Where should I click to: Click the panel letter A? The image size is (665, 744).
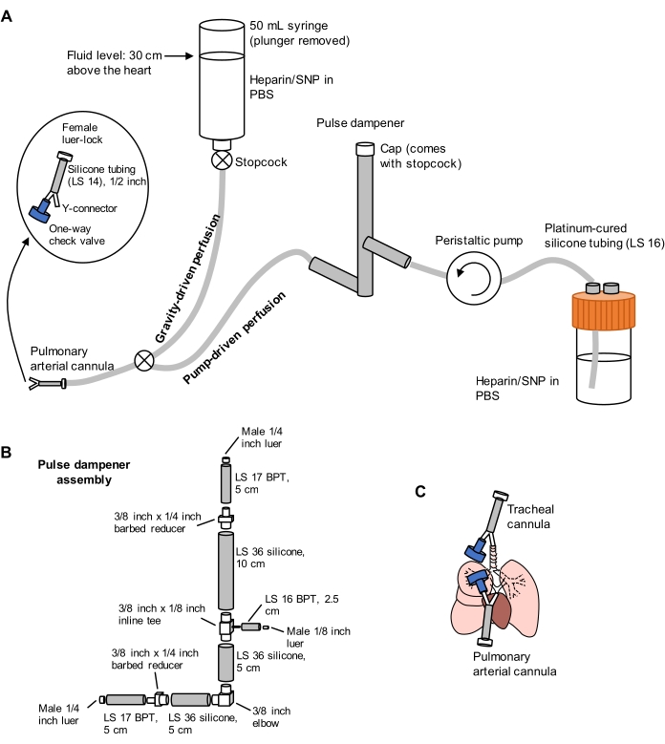coord(8,17)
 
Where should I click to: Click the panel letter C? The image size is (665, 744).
coord(420,492)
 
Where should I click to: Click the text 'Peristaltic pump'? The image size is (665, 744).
coord(474,241)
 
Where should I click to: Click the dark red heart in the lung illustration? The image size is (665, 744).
coord(527,610)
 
